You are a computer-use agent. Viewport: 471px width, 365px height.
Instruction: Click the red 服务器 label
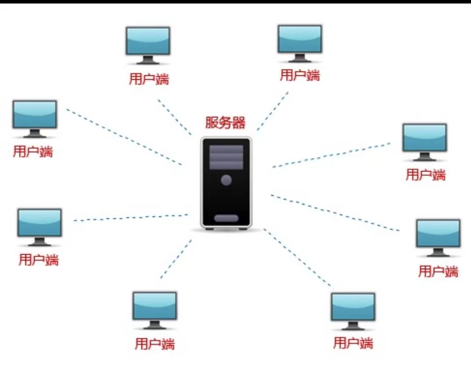(226, 122)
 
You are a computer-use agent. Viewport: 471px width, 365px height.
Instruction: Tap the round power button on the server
(226, 179)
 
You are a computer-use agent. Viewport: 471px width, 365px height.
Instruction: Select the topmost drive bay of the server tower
(226, 149)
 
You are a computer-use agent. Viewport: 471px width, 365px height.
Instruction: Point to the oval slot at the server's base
(226, 218)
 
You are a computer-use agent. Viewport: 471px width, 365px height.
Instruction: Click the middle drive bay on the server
(226, 157)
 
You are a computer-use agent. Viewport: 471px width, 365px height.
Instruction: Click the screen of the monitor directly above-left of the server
(148, 40)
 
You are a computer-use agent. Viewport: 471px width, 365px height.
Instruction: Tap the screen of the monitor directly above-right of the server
(300, 38)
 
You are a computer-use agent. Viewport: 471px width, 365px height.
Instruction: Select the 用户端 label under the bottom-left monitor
(155, 344)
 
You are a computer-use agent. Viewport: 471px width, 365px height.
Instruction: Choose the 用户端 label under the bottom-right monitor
(353, 342)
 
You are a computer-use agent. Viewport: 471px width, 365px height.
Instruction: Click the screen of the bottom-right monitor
(353, 306)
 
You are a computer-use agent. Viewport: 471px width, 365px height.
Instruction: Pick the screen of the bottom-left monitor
(155, 305)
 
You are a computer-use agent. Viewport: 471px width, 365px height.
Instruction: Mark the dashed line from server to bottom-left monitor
(176, 259)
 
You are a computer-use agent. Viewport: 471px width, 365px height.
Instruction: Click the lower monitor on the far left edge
(39, 223)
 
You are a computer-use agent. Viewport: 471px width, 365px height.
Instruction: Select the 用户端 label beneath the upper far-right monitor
(425, 175)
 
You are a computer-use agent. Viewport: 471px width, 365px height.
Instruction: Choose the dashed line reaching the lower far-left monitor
(131, 218)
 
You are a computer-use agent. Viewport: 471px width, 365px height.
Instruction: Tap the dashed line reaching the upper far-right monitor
(331, 155)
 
